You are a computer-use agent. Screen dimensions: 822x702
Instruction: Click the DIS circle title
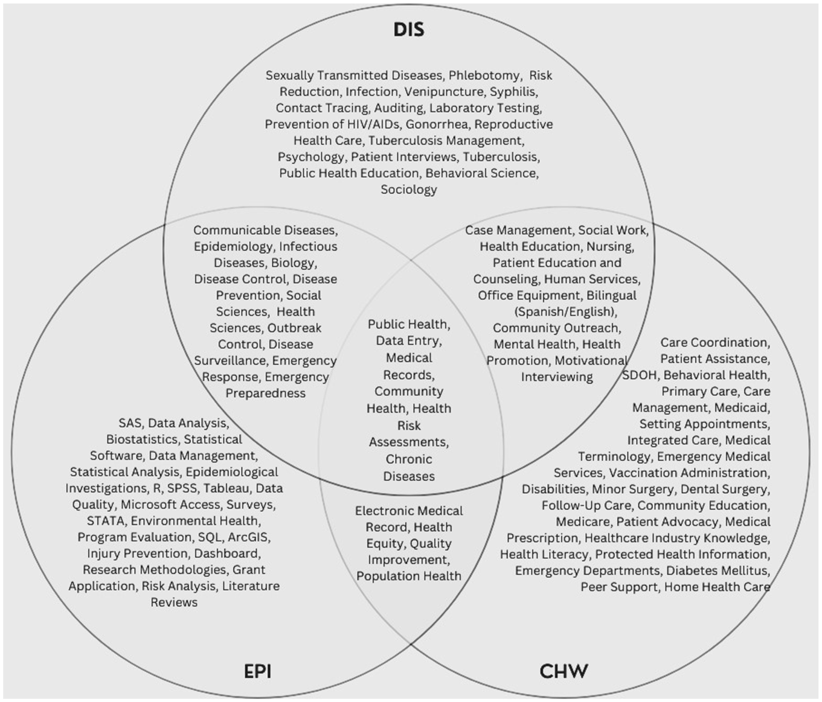409,30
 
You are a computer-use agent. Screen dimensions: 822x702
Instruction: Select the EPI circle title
258,671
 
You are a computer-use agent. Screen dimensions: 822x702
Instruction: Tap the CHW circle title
564,671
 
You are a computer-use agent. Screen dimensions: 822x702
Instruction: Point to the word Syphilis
513,92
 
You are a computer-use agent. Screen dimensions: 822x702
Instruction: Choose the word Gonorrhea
437,124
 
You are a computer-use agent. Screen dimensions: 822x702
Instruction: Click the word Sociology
409,190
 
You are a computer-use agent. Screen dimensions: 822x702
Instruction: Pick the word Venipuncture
445,92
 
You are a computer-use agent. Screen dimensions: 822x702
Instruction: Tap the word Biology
294,263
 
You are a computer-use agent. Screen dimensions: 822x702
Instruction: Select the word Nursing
611,247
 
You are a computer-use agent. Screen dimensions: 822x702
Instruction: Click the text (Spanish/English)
566,312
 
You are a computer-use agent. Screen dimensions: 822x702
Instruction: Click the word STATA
106,521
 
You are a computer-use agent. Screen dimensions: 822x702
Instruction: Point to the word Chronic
409,459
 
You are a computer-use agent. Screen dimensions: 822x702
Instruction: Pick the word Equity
385,544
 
